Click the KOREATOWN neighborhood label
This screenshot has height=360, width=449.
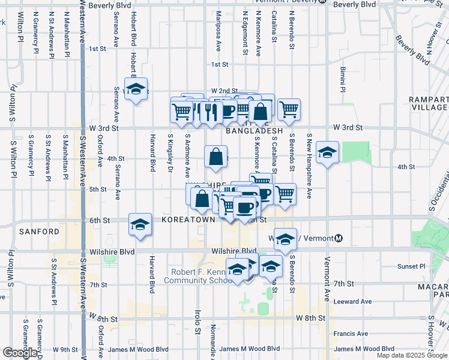[188, 220]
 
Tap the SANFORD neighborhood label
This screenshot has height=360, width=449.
[39, 231]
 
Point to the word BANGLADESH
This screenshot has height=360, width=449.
[254, 130]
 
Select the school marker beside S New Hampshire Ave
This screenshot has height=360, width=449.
[327, 152]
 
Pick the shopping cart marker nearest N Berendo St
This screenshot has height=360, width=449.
[289, 109]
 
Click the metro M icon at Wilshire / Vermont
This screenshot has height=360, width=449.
[339, 238]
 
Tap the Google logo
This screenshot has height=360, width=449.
[19, 353]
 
